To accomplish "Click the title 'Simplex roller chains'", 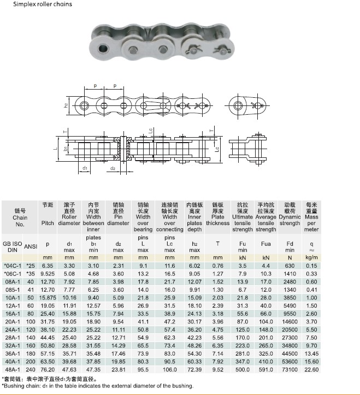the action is coord(43,4).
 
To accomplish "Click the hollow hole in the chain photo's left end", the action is coord(103,48).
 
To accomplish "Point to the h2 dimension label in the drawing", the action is coord(66,105).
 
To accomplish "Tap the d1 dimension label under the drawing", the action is coord(85,168).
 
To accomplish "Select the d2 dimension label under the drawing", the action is coord(113,168).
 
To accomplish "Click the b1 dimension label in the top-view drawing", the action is coord(66,149).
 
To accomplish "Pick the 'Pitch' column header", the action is coord(48,223).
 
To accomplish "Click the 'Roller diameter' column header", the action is coord(69,220).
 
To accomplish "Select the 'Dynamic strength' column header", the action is coord(290,220).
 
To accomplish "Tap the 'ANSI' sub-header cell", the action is coord(31,246).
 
